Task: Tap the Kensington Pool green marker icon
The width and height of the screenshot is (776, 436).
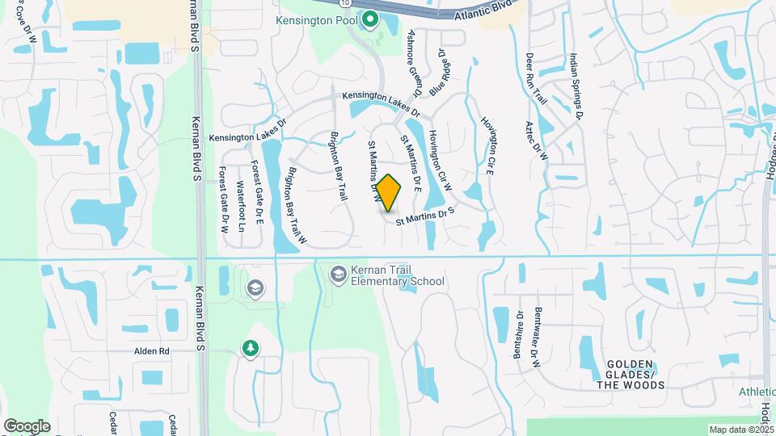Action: [371, 19]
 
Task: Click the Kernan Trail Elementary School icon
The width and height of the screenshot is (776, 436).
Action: [337, 275]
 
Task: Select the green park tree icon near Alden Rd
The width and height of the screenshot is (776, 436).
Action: [251, 349]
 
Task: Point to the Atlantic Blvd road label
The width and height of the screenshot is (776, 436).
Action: [484, 10]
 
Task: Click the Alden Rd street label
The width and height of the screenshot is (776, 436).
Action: [152, 351]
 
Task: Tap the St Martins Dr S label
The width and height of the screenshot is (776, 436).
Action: [426, 217]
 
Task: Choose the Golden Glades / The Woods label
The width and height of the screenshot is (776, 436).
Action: [635, 375]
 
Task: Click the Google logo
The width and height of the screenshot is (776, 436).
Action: [27, 426]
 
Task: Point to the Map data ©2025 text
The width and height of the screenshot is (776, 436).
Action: [740, 430]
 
